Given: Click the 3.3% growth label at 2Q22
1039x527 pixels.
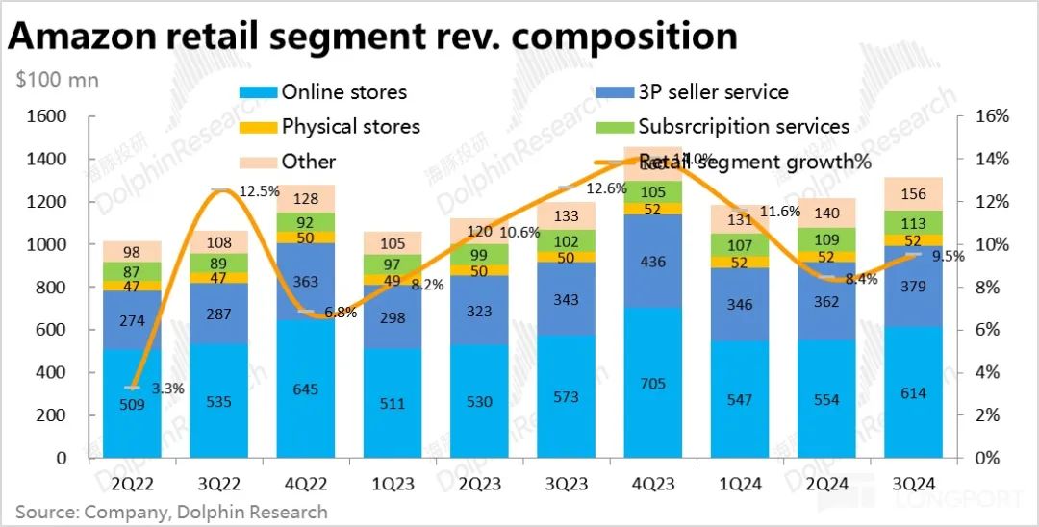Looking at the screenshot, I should pos(167,389).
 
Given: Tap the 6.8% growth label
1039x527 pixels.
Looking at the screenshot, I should pos(340,313).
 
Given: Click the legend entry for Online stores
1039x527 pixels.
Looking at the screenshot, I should pos(343,92).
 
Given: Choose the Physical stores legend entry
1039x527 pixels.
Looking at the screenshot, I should pos(350,127).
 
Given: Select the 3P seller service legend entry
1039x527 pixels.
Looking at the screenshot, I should pos(713,92).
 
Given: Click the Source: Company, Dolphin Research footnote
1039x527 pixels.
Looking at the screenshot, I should pos(171,512).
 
